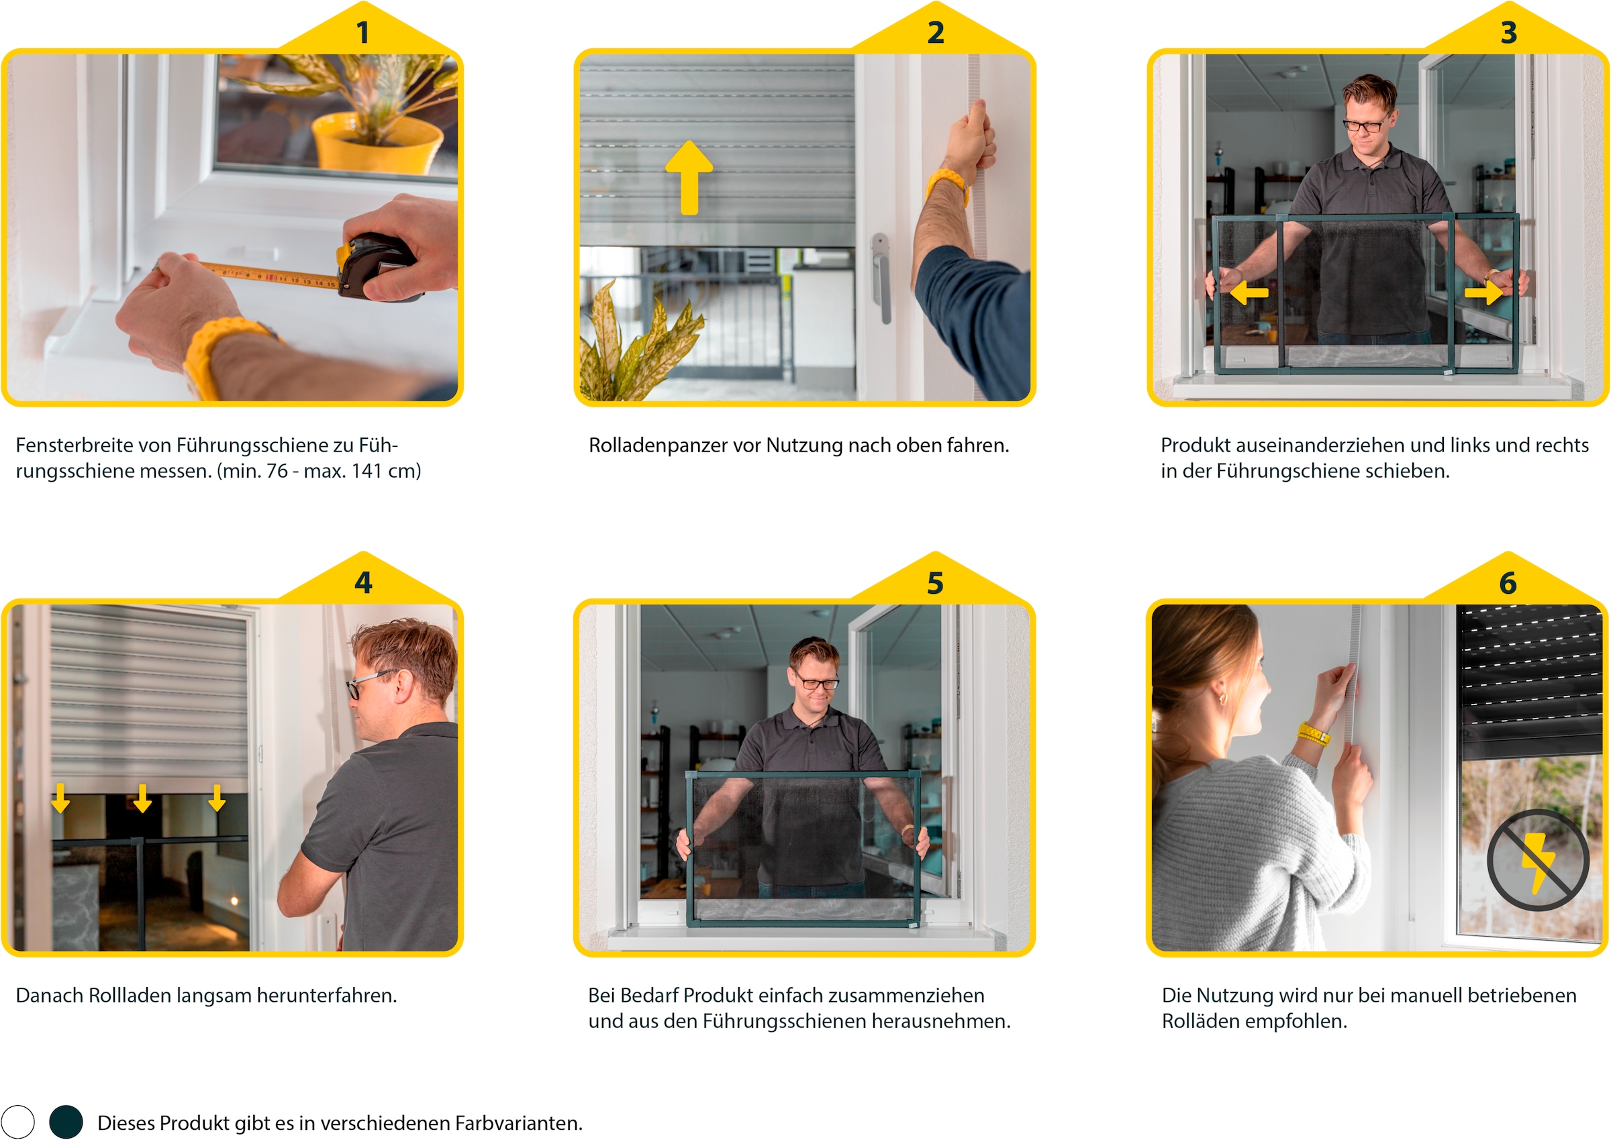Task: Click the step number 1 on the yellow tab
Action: [362, 32]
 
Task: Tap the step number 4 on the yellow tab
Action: [363, 582]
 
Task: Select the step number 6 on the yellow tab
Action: [1508, 582]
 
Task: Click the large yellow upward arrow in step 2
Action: [689, 178]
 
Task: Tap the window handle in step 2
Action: [881, 278]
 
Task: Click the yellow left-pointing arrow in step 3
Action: [1249, 292]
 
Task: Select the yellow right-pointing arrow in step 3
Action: [1483, 292]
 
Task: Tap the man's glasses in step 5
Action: [816, 681]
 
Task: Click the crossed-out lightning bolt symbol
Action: [1537, 860]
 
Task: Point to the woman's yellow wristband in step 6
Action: [1312, 734]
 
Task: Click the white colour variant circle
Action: [17, 1122]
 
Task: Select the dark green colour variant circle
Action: [66, 1122]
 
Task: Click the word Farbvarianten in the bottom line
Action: [518, 1123]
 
